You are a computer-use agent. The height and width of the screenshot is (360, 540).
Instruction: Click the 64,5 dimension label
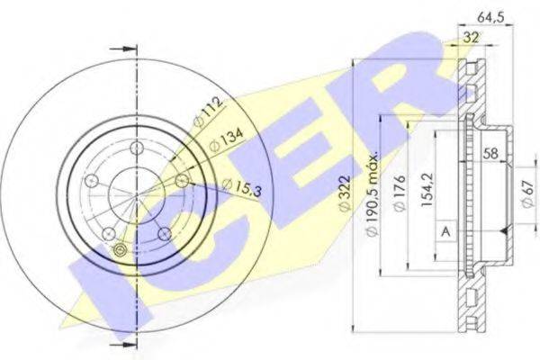490,17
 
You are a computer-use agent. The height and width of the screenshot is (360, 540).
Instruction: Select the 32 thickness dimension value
471,37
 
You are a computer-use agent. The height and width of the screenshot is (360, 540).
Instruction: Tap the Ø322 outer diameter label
345,193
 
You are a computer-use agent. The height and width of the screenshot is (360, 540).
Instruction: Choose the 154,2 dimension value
427,190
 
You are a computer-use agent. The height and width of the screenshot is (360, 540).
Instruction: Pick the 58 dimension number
490,153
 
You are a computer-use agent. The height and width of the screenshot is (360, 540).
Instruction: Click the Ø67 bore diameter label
527,193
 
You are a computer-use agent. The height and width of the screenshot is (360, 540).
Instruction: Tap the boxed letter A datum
446,231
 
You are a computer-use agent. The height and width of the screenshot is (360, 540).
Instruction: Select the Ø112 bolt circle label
207,112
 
